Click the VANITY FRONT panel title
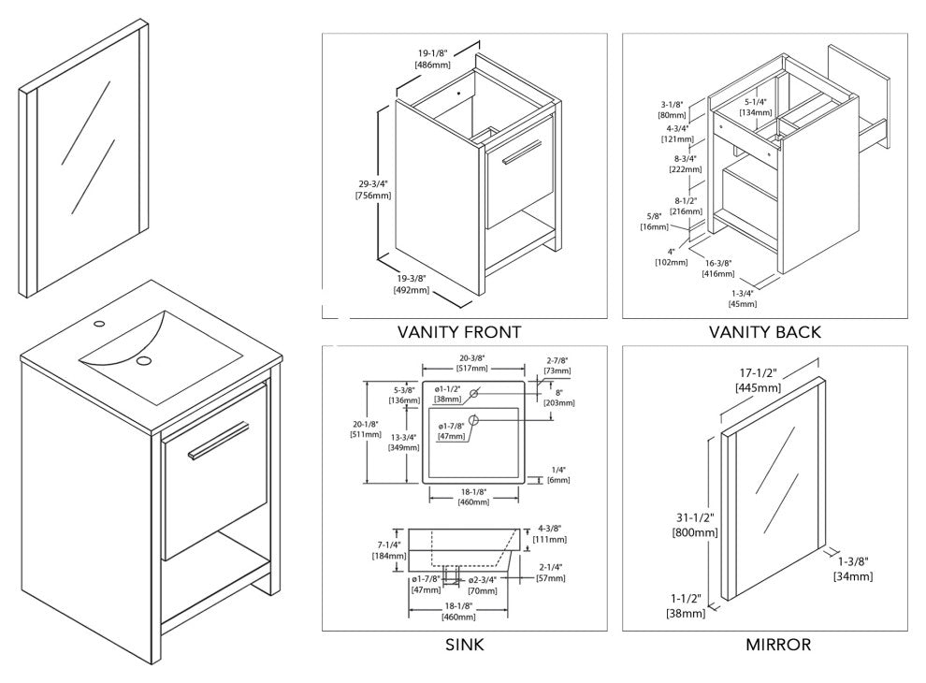click(459, 332)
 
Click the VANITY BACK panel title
click(765, 332)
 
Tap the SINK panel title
click(464, 644)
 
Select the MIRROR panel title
click(778, 644)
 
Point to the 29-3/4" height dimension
click(373, 189)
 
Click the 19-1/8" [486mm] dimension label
click(433, 59)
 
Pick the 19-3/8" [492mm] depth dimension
click(411, 284)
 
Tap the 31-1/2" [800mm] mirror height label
click(694, 525)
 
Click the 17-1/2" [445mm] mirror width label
click(759, 381)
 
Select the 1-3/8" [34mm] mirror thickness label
click(853, 568)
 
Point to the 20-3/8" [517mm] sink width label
click(471, 363)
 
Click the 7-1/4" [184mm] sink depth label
click(389, 551)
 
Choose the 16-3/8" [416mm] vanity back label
click(718, 269)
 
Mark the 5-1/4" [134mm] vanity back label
click(756, 107)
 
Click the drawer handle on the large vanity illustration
click(219, 440)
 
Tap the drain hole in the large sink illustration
click(143, 360)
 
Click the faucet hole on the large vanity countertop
click(99, 324)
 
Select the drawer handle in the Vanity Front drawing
click(522, 152)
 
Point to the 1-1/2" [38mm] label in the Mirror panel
click(686, 605)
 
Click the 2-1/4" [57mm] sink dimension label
click(550, 573)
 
